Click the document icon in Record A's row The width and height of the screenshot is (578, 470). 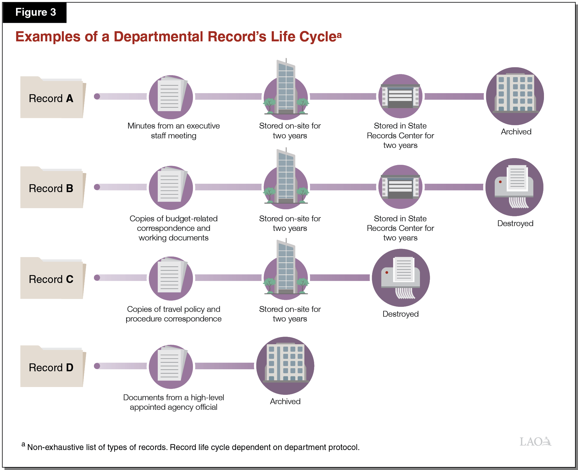[x=171, y=97]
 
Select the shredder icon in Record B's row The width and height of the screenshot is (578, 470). [x=514, y=187]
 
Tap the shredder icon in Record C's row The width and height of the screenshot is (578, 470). [x=401, y=278]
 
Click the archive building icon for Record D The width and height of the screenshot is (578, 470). [x=285, y=365]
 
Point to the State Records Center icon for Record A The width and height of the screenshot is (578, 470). [x=400, y=96]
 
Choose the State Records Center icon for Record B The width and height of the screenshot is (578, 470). [x=400, y=187]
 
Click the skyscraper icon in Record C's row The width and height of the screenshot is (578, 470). [x=286, y=270]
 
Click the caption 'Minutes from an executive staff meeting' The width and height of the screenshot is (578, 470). [x=174, y=131]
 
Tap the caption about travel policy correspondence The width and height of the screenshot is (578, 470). [x=174, y=314]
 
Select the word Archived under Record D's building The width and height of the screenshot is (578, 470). [x=285, y=401]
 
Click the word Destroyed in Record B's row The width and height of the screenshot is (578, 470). [x=515, y=223]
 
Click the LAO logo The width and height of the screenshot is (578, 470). [x=535, y=441]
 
